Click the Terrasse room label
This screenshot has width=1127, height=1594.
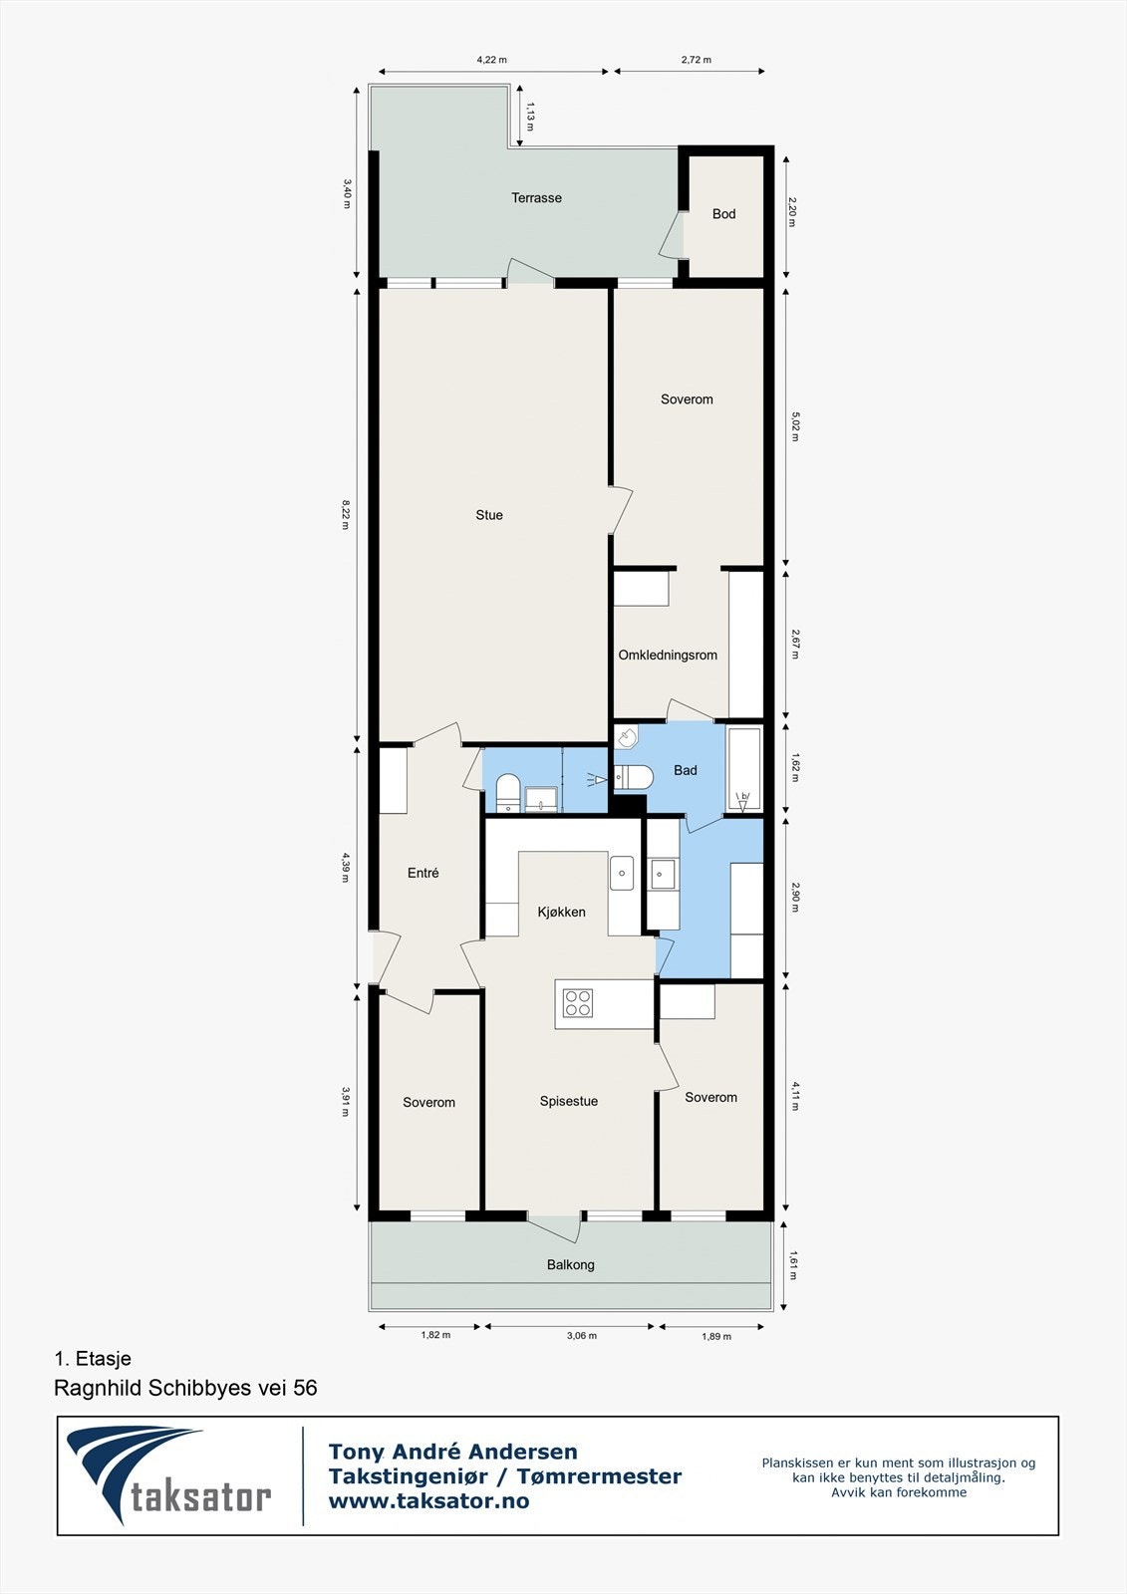click(536, 198)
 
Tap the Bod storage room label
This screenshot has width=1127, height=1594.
click(723, 214)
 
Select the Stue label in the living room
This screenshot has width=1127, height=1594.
click(489, 515)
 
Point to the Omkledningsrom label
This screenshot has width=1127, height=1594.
click(668, 656)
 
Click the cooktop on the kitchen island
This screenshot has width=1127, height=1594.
click(578, 1002)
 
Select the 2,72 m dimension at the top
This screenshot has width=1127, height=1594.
click(697, 60)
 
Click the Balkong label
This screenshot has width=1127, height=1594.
click(570, 1265)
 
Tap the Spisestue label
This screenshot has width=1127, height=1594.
click(569, 1102)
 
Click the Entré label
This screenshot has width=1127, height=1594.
click(423, 873)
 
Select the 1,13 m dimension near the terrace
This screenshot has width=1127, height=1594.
click(530, 116)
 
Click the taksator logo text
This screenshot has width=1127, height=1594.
click(200, 1496)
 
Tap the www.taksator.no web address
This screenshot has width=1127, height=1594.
click(428, 1501)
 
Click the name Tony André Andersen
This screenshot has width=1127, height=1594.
click(453, 1453)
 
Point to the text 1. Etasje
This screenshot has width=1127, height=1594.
click(93, 1359)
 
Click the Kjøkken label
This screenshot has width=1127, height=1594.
click(561, 913)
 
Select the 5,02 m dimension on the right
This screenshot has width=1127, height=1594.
click(795, 426)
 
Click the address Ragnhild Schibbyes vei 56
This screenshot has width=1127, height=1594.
click(185, 1388)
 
